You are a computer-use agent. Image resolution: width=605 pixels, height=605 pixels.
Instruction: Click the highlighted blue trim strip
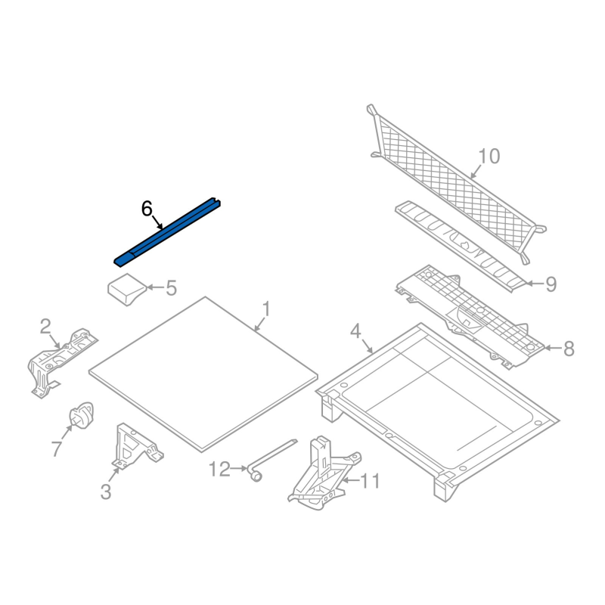167,232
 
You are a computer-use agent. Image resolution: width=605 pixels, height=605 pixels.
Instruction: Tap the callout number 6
147,209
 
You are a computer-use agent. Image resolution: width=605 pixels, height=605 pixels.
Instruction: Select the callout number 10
489,157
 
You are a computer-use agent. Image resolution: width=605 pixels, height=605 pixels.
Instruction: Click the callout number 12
219,469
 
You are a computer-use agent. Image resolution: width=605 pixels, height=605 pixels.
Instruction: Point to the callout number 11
370,481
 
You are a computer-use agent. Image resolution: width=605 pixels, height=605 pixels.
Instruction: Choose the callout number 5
171,288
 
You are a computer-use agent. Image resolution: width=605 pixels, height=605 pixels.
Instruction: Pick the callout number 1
266,309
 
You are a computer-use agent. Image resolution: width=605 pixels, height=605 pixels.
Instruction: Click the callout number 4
355,331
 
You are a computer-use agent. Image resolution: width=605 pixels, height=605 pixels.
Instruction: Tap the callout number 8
569,349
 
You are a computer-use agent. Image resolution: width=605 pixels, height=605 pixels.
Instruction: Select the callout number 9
551,284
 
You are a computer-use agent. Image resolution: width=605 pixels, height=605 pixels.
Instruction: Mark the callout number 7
57,448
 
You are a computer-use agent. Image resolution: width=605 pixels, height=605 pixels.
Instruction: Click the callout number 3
106,492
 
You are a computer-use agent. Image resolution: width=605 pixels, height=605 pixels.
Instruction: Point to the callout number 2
45,327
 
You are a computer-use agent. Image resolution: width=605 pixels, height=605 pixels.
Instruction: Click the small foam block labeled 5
127,290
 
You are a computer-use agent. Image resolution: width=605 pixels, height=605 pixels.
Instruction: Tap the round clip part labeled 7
81,414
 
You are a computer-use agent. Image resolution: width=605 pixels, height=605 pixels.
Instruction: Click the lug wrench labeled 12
272,460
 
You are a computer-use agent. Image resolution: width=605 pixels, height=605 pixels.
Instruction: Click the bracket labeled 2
62,363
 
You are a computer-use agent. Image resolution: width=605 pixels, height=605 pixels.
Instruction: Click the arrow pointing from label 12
239,468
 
